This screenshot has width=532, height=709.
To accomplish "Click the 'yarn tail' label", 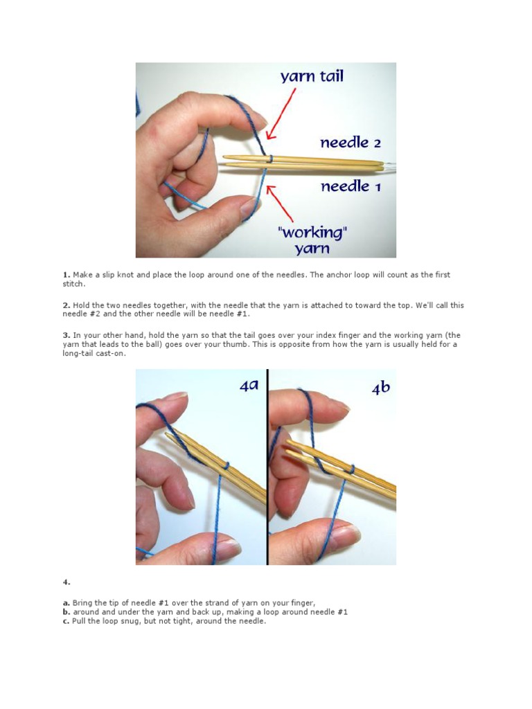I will [312, 76].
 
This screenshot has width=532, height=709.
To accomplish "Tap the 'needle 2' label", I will [350, 143].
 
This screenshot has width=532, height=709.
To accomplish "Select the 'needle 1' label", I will [350, 186].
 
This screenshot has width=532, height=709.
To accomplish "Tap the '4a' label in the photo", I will [249, 386].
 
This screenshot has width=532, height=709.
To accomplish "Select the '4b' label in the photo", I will [380, 388].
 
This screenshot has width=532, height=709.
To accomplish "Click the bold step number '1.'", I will [66, 275].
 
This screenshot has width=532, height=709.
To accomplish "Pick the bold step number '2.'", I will [66, 305].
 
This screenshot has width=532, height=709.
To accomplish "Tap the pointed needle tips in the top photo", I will [229, 161].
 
